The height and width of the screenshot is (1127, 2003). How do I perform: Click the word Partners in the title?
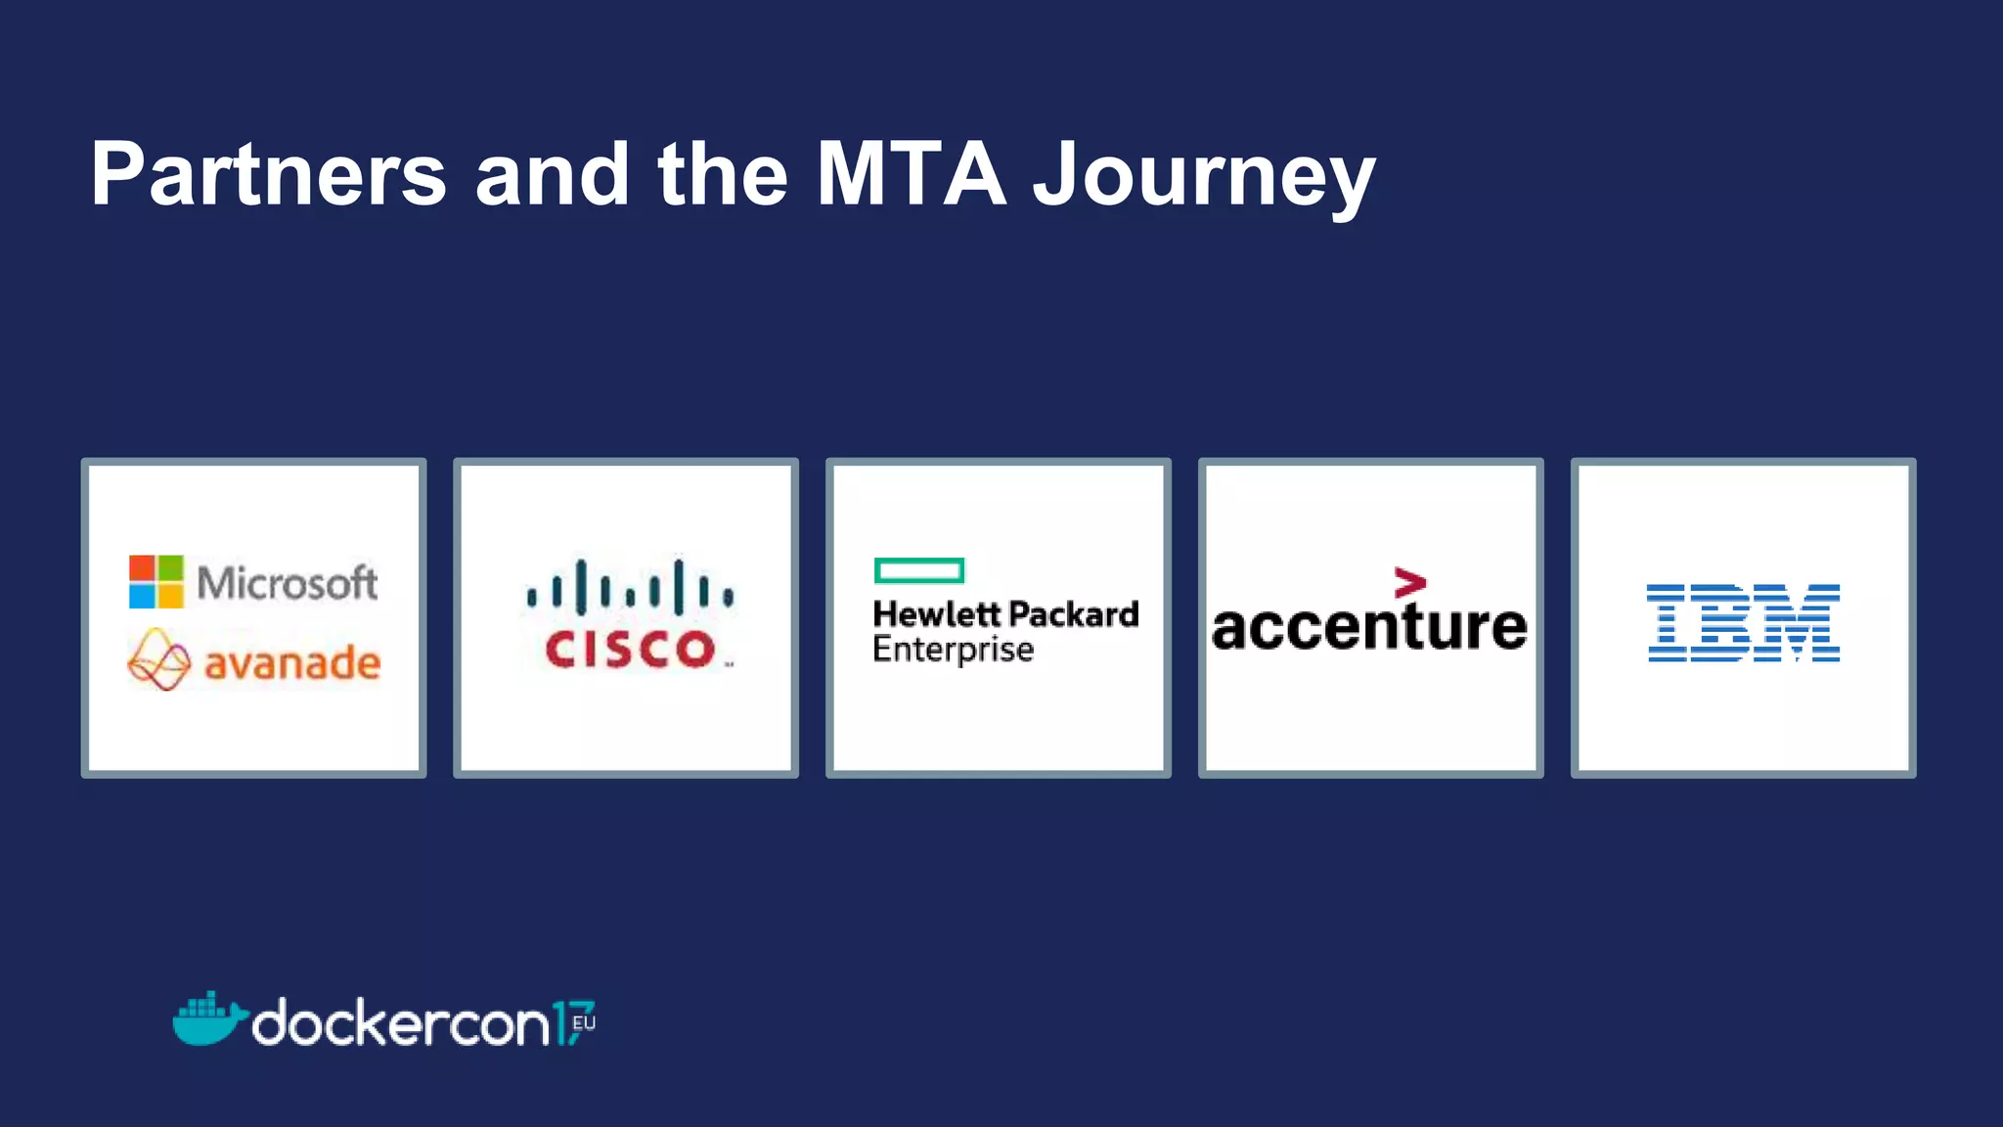pyautogui.click(x=268, y=174)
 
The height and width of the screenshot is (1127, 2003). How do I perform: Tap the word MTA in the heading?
pyautogui.click(x=911, y=174)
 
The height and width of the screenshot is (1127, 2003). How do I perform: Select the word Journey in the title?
pyautogui.click(x=1204, y=176)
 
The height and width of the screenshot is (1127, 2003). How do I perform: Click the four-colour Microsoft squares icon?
pyautogui.click(x=156, y=582)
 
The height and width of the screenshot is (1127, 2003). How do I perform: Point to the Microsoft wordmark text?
pyautogui.click(x=287, y=583)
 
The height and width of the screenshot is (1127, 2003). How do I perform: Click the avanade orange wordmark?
pyautogui.click(x=291, y=664)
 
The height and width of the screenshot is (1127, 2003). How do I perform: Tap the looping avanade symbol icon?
pyautogui.click(x=158, y=660)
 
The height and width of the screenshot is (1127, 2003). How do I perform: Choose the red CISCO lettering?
pyautogui.click(x=631, y=650)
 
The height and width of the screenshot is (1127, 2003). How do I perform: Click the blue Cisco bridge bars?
pyautogui.click(x=630, y=588)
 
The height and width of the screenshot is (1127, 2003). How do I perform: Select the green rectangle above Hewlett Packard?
pyautogui.click(x=919, y=570)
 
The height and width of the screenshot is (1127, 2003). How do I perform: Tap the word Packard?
pyautogui.click(x=1074, y=614)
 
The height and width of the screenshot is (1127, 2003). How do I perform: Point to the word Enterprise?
pyautogui.click(x=953, y=650)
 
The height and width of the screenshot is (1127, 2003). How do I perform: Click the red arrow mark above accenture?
pyautogui.click(x=1409, y=582)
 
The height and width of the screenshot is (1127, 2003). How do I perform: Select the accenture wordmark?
pyautogui.click(x=1369, y=627)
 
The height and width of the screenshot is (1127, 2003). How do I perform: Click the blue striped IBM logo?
pyautogui.click(x=1743, y=623)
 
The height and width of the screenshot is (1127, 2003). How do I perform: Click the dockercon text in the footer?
pyautogui.click(x=401, y=1024)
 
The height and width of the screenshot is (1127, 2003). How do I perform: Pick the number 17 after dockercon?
pyautogui.click(x=571, y=1023)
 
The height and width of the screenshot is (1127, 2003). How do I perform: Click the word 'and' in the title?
pyautogui.click(x=553, y=174)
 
